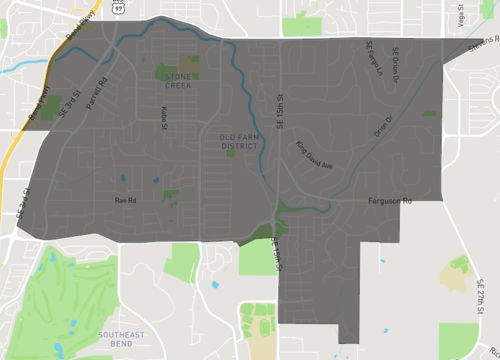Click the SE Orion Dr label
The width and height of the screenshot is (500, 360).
[x=396, y=63]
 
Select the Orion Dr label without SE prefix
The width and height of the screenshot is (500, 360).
[x=383, y=125]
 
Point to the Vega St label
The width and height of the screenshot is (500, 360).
[x=461, y=16]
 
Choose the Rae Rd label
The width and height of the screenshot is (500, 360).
[x=125, y=200]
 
